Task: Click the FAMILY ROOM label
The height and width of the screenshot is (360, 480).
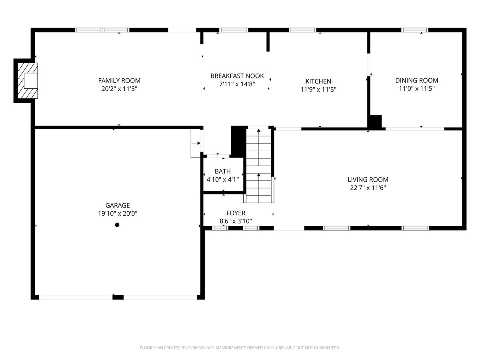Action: pyautogui.click(x=119, y=80)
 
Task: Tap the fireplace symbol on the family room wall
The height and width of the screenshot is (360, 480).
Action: pyautogui.click(x=27, y=80)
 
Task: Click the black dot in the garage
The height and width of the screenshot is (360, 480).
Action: pyautogui.click(x=117, y=225)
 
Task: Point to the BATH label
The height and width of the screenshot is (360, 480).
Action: pyautogui.click(x=222, y=171)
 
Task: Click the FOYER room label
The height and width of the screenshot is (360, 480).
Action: pyautogui.click(x=236, y=213)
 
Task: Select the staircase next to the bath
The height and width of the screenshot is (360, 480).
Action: pyautogui.click(x=259, y=164)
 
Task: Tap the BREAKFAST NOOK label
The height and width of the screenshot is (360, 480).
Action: pyautogui.click(x=237, y=76)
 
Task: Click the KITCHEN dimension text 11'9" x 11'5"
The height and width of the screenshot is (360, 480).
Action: pyautogui.click(x=318, y=90)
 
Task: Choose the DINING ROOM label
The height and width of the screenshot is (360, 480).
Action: pyautogui.click(x=416, y=80)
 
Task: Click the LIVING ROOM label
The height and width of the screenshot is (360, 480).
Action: pyautogui.click(x=368, y=180)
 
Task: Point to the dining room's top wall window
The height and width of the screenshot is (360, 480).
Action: pyautogui.click(x=415, y=30)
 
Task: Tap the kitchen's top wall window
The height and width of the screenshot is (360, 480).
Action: pyautogui.click(x=302, y=30)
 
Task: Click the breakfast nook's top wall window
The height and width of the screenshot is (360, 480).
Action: pyautogui.click(x=234, y=30)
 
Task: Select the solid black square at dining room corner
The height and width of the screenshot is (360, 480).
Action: pyautogui.click(x=375, y=122)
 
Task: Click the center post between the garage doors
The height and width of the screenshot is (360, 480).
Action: pyautogui.click(x=118, y=297)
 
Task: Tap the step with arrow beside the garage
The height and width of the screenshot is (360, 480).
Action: pyautogui.click(x=196, y=143)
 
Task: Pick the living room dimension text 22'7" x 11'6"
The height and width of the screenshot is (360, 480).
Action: pyautogui.click(x=368, y=188)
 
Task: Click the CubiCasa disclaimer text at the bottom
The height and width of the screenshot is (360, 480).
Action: pyautogui.click(x=240, y=348)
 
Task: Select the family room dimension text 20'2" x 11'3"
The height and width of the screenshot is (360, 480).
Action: pyautogui.click(x=119, y=89)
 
